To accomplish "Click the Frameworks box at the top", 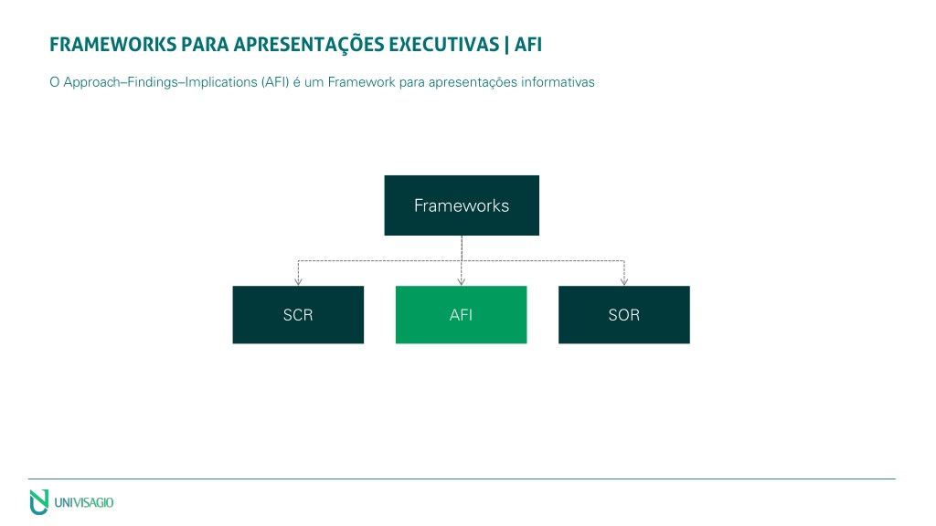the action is (x=462, y=205).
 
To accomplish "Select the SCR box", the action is (x=298, y=314).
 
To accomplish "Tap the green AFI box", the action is (x=461, y=314).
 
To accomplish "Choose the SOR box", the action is (x=623, y=314).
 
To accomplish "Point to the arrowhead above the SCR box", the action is (x=298, y=281).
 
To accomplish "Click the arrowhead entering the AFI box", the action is (x=461, y=281).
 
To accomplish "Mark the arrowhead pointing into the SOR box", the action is (x=623, y=281).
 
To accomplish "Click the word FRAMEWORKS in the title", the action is (x=113, y=45).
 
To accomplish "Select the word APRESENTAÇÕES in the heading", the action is (x=308, y=45).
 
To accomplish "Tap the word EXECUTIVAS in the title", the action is (x=444, y=45).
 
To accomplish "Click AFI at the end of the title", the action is (x=528, y=45).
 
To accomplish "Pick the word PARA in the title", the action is (x=206, y=45).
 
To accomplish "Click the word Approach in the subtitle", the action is (x=92, y=82).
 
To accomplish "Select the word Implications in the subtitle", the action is (x=221, y=82).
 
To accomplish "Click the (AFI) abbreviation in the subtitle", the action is (x=275, y=82).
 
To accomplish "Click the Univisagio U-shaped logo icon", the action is (x=38, y=502).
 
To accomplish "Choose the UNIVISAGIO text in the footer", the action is (x=84, y=503).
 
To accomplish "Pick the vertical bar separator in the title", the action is (x=506, y=45).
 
